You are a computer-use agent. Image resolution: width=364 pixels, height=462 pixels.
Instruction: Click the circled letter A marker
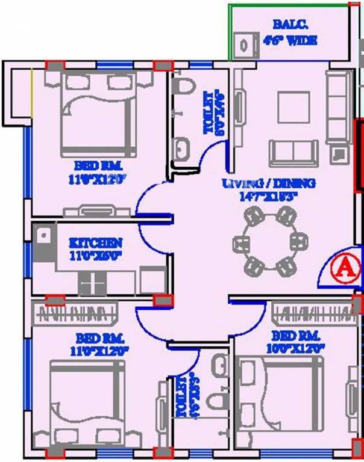point(341,266)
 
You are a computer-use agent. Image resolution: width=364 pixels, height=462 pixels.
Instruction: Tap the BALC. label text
point(284,26)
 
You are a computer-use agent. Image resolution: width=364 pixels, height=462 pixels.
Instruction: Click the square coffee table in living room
point(293,107)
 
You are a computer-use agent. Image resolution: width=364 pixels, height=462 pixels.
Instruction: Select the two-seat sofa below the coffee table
point(293,152)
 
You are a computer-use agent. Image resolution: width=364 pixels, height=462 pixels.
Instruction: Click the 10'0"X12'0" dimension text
point(299,348)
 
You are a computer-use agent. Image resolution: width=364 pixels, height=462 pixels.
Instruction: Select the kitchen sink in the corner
point(42,241)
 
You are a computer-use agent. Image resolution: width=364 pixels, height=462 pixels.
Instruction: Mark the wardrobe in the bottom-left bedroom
point(77,313)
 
